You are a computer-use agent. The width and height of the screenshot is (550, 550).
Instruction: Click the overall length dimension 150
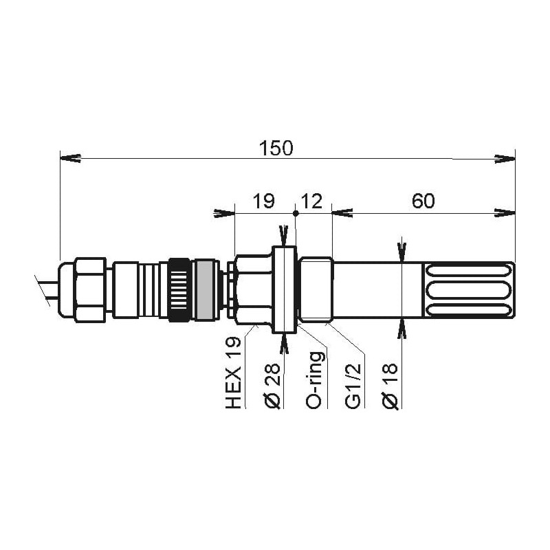[x=275, y=148]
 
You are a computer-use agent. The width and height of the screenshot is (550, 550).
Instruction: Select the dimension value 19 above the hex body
[x=263, y=201]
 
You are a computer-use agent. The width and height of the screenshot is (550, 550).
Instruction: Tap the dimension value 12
[x=312, y=201]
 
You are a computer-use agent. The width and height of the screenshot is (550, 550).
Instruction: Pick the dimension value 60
[x=423, y=201]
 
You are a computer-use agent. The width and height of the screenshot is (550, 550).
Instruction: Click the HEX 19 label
[x=234, y=373]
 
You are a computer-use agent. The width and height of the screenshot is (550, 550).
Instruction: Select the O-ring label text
[x=314, y=381]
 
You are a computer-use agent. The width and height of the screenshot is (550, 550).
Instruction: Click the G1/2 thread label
[x=353, y=389]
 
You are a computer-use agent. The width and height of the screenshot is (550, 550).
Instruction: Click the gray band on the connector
[x=203, y=289]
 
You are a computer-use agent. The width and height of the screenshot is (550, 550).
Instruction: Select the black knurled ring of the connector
[x=179, y=289]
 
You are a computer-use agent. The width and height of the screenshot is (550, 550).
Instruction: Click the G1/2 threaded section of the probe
[x=317, y=289]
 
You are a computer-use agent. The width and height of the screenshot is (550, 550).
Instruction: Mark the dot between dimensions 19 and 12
[x=296, y=214]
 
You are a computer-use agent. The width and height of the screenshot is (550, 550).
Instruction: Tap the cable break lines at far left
[x=43, y=287]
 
